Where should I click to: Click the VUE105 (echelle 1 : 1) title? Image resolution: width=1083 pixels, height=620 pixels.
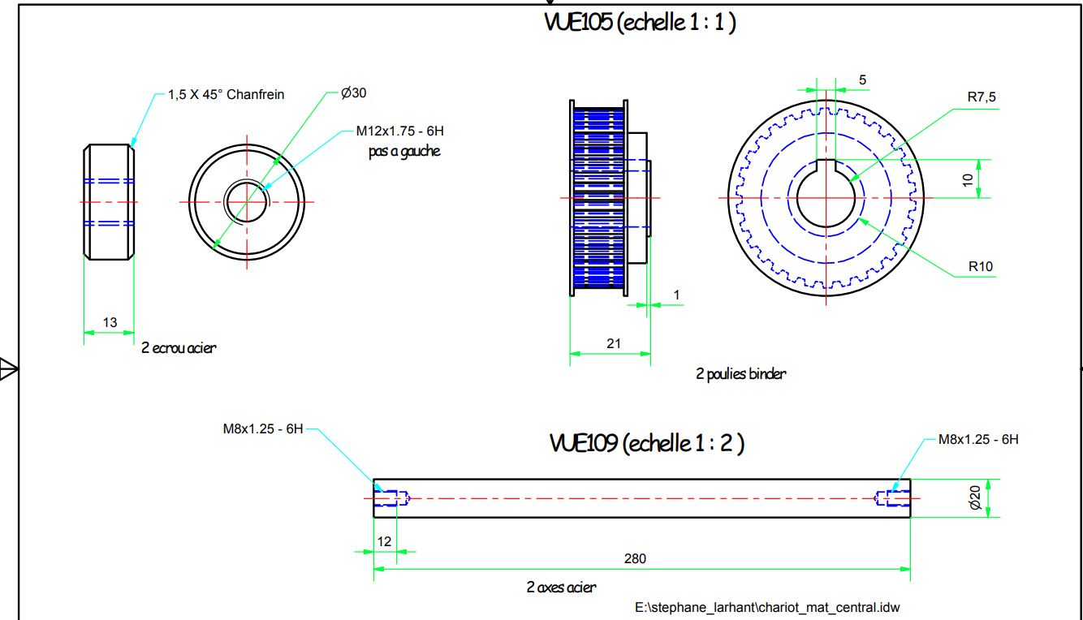640,22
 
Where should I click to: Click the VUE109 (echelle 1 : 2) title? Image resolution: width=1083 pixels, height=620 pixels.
647,443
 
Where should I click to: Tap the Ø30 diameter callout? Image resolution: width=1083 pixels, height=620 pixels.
353,93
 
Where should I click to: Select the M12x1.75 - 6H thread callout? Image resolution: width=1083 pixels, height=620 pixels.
400,131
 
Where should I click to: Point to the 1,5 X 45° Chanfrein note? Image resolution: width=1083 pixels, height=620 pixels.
226,95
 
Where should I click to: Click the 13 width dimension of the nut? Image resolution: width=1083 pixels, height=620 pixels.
110,322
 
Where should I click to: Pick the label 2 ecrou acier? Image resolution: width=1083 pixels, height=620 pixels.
179,348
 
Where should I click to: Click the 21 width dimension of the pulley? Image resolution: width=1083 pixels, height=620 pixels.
614,343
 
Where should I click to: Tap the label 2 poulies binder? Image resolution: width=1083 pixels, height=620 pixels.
740,374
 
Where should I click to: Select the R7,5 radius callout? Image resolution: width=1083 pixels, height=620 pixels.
982,97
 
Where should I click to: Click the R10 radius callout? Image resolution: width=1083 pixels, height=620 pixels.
981,266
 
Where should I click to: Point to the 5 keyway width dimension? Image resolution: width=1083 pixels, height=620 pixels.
862,80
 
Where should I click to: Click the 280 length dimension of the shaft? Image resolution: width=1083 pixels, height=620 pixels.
635,558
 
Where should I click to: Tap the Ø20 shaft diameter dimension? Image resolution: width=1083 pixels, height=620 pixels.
975,497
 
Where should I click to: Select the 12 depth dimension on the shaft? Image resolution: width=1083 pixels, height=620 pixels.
384,542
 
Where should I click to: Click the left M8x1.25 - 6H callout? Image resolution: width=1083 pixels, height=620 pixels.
263,429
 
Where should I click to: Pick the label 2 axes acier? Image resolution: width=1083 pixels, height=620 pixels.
561,588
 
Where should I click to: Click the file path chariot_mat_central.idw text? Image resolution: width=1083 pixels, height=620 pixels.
767,608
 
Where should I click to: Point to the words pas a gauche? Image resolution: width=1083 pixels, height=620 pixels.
404,151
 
